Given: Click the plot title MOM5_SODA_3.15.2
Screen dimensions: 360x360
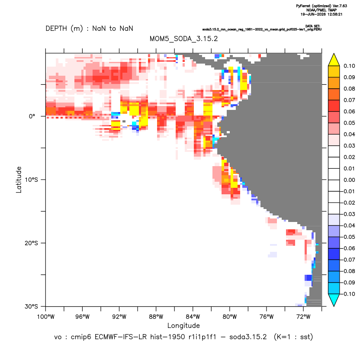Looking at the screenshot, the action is coord(183,39).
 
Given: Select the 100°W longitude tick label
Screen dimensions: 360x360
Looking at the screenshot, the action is coord(46,317).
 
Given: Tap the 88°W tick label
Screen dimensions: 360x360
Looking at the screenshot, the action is coord(156,317).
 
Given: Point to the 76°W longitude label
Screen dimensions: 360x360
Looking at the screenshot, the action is coord(267,317).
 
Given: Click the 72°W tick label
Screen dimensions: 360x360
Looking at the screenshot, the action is coord(303,317).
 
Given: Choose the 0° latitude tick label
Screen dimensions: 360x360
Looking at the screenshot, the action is coord(32,116).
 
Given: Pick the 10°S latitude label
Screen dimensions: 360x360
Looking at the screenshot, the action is coord(31,180).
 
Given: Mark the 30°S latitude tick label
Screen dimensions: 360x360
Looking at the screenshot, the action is coord(31,306).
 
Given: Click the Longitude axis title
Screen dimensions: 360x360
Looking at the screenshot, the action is coord(183,325).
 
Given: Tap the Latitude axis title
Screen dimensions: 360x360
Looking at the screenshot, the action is coord(19,180).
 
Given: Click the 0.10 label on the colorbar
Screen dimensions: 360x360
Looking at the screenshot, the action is coord(349,66).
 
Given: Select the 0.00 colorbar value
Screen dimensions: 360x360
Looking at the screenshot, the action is coord(349,180).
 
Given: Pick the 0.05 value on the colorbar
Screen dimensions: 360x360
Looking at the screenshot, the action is coord(349,123).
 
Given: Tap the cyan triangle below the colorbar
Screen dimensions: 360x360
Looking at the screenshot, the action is coord(334,299).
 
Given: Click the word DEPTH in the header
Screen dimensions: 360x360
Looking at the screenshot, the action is coord(56,29).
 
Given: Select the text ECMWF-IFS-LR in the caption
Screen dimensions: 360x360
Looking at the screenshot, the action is coord(121,337).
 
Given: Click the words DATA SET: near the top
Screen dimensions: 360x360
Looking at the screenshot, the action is coord(313,26).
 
